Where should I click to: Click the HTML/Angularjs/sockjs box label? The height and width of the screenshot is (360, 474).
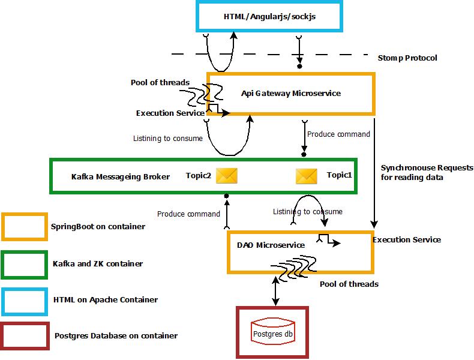tap(269, 16)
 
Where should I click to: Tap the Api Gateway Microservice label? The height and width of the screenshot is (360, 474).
tap(291, 94)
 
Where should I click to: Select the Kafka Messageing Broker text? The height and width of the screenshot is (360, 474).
tap(121, 177)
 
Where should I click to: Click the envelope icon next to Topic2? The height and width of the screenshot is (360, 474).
tap(227, 176)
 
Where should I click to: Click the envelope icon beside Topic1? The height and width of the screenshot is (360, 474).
tap(307, 176)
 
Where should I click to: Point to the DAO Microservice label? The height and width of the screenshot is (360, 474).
tap(271, 245)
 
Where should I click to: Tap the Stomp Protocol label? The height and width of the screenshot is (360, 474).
tap(407, 58)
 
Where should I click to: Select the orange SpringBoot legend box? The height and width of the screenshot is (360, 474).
tap(25, 227)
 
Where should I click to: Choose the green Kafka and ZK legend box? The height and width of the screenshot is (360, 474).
tap(25, 265)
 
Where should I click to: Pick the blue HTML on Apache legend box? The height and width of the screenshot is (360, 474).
tap(25, 302)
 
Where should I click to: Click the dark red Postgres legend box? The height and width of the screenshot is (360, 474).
tap(25, 336)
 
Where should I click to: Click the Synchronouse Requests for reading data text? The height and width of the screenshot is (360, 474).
tap(427, 173)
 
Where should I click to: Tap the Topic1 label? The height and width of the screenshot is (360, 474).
tap(339, 175)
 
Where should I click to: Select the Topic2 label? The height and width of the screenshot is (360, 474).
tap(199, 176)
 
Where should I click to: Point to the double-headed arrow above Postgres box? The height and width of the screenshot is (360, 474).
tap(275, 291)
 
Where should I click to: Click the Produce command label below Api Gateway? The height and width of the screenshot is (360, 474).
tap(338, 134)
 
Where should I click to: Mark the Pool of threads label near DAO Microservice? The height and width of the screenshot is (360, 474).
tap(349, 284)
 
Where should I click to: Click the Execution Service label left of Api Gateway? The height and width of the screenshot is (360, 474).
tap(170, 113)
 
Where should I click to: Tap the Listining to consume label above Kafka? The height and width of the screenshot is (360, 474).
tap(168, 139)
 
